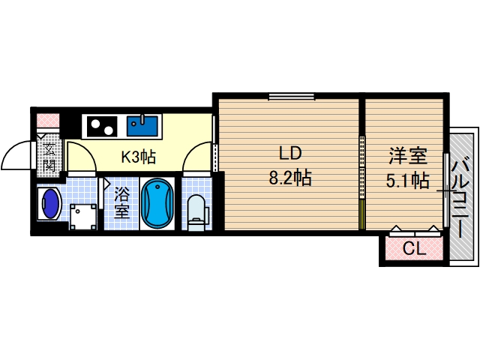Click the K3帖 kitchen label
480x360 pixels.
tap(139, 157)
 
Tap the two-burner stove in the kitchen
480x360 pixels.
tap(100, 124)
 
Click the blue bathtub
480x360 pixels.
tap(157, 203)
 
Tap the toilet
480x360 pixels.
tap(196, 211)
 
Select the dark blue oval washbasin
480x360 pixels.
tap(50, 204)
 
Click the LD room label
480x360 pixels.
tap(290, 154)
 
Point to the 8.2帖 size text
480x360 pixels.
tap(290, 178)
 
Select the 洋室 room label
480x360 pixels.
tap(407, 157)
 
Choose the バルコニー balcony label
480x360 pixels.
tap(463, 196)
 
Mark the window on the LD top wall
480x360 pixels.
tap(291, 95)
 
